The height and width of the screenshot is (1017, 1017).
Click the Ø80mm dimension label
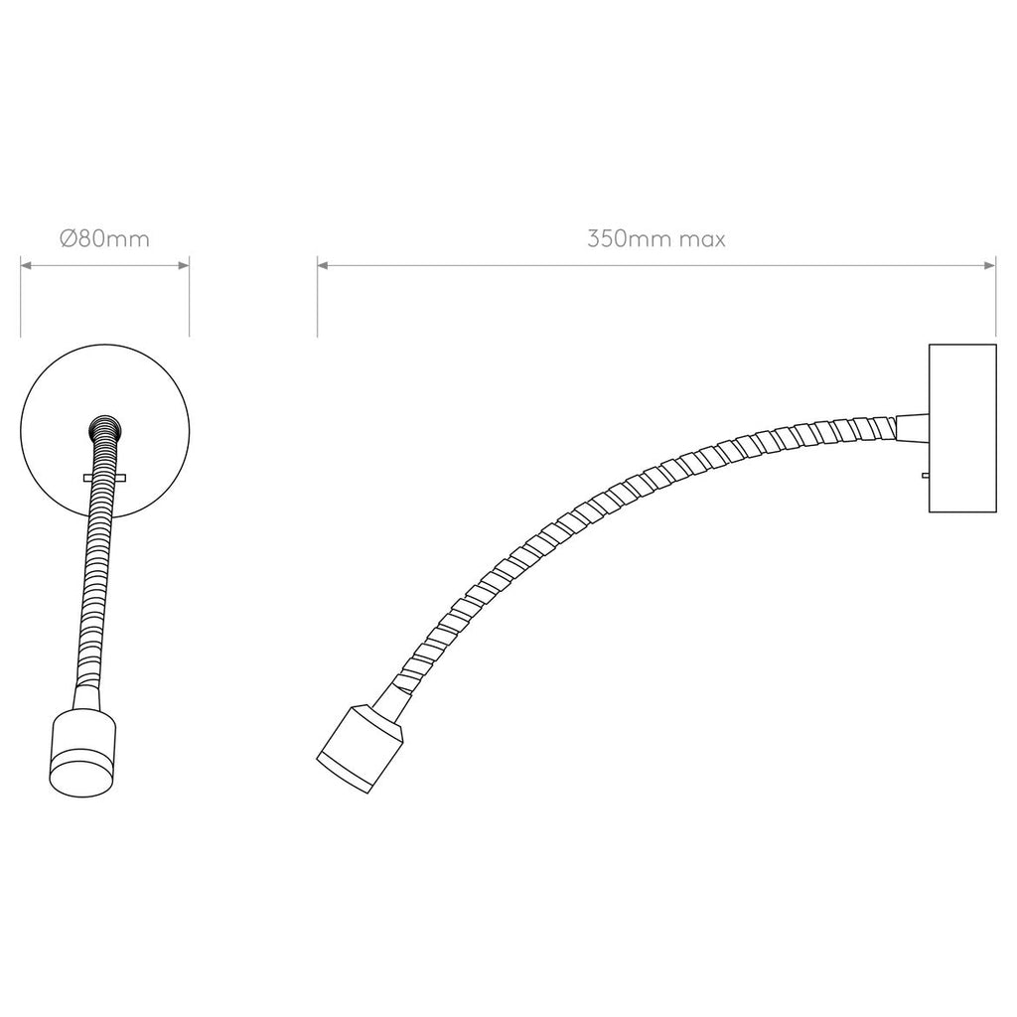pyautogui.click(x=104, y=239)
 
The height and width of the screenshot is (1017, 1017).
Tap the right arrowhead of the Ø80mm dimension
pyautogui.click(x=184, y=265)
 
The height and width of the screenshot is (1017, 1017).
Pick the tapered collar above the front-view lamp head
pyautogui.click(x=86, y=695)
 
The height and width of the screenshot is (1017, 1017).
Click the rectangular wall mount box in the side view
pyautogui.click(x=961, y=428)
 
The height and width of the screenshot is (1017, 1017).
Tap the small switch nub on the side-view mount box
pyautogui.click(x=925, y=476)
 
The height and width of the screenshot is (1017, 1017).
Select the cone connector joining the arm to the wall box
pyautogui.click(x=911, y=426)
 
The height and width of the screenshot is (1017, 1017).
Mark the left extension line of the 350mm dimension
pyautogui.click(x=318, y=298)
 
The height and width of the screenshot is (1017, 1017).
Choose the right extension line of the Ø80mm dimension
pyautogui.click(x=189, y=298)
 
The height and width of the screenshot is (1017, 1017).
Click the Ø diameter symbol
pyautogui.click(x=67, y=239)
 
